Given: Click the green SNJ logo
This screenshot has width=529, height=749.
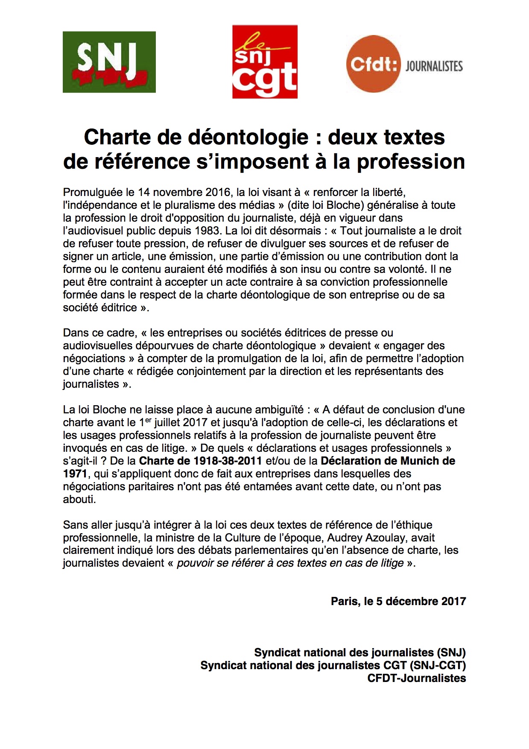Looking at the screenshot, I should point(109,62).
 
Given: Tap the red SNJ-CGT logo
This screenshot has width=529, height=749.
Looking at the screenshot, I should point(265,61).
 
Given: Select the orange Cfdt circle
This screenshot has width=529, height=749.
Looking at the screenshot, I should point(374,64).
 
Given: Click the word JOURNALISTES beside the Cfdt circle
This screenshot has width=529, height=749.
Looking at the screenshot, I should point(434,66).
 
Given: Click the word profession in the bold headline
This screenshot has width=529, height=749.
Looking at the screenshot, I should point(411,161).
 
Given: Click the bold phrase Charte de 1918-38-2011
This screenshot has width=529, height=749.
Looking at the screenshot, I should point(200,461).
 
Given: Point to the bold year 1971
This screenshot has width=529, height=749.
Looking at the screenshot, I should point(75,474).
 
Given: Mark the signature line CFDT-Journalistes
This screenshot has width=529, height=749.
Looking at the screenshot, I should point(416,678).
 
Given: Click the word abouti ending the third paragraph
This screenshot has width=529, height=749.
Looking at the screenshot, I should point(79,500).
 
